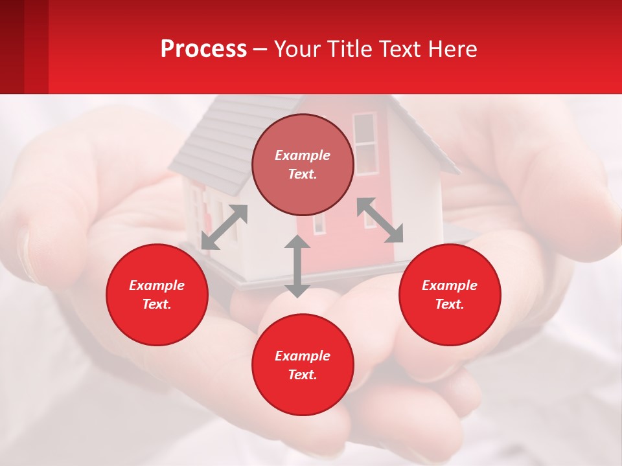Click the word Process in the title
[x=203, y=49]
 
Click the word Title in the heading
[x=350, y=49]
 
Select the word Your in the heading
[x=298, y=49]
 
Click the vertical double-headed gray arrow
[x=297, y=266]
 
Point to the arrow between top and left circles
[x=224, y=227]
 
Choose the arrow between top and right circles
[x=380, y=220]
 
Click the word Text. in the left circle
[x=157, y=304]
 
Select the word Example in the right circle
[x=450, y=285]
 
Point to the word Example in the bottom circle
[x=303, y=356]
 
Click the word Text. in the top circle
[x=303, y=174]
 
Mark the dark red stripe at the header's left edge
[x=12, y=47]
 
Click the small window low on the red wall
[x=319, y=224]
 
